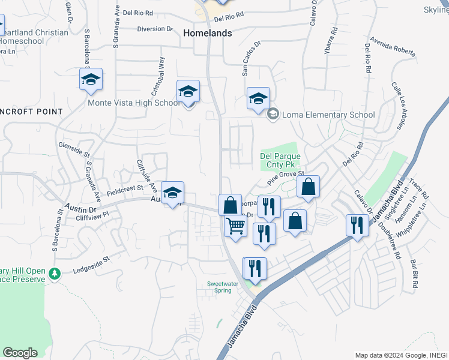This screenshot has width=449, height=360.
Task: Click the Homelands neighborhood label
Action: pos(207,34)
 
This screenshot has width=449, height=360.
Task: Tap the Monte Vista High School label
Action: pos(133,103)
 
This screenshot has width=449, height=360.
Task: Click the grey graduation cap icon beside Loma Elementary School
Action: pos(273,114)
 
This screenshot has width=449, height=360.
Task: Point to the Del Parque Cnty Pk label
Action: pos(280,160)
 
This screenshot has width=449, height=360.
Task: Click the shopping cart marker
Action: pos(235,226)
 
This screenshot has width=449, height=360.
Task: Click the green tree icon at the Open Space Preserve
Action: pos(55,273)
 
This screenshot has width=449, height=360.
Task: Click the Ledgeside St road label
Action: pos(92,261)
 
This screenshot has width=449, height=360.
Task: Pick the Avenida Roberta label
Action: pos(393,47)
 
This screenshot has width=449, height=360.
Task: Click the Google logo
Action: pos(20,353)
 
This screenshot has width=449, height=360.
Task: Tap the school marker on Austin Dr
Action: pos(172,193)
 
